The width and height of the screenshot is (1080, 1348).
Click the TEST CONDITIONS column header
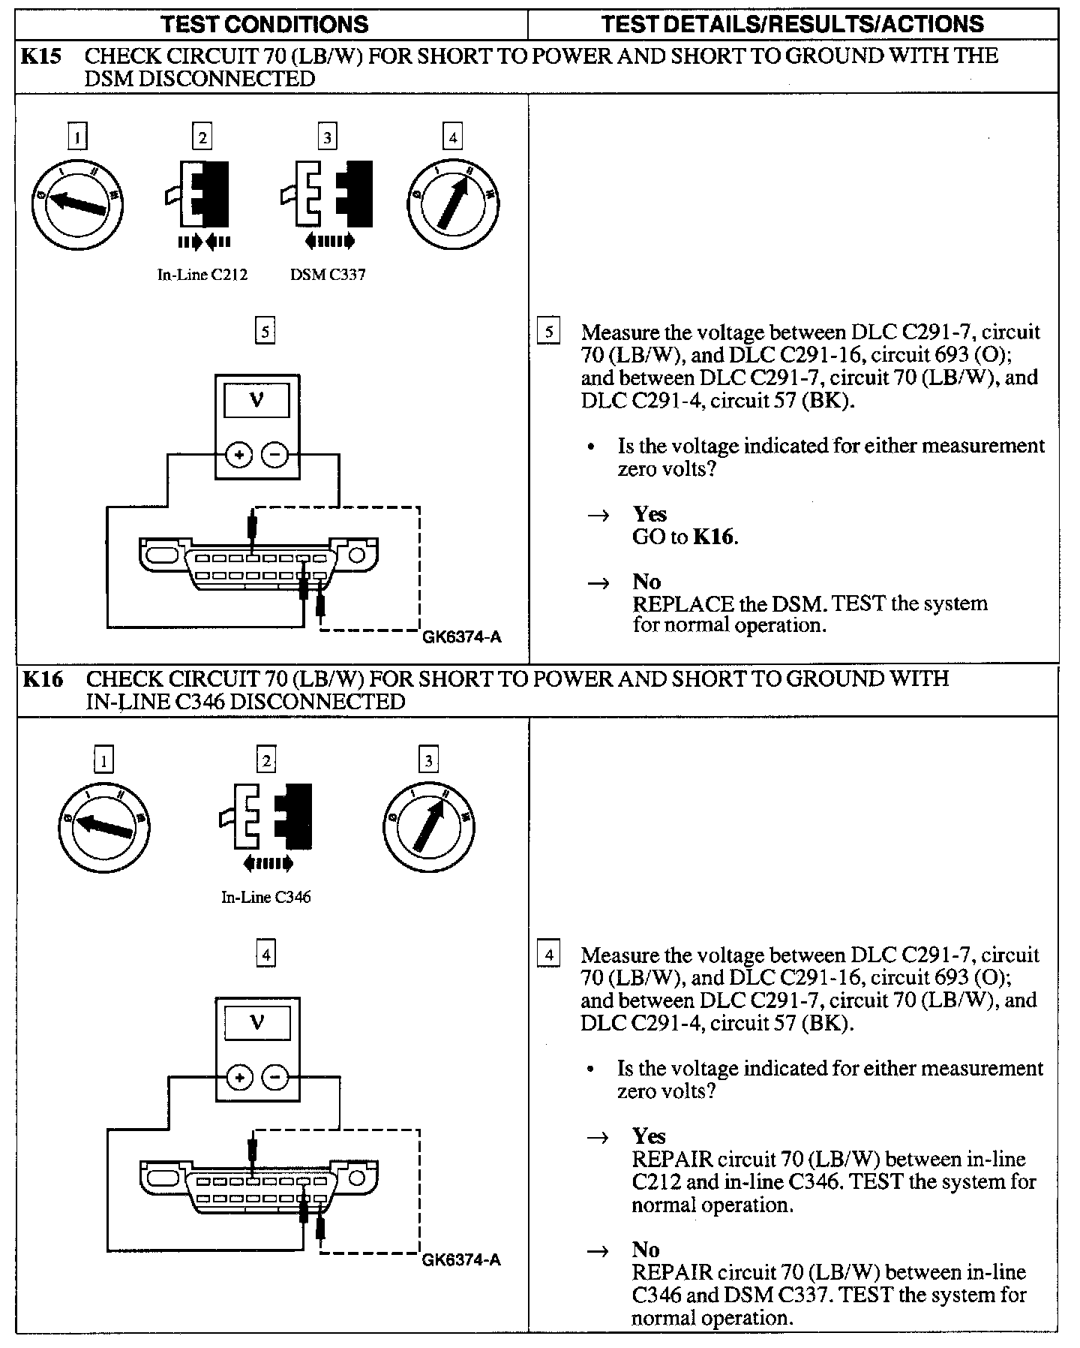pos(265,24)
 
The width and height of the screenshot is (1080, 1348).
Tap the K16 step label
pos(42,679)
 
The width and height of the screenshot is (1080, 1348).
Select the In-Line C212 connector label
pos(202,275)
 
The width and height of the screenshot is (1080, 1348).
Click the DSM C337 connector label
pos(328,275)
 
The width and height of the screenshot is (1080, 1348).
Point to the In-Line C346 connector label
pos(265,897)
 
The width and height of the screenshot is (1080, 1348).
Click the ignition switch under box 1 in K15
pos(77,203)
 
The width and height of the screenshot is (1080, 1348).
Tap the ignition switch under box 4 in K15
pos(453,203)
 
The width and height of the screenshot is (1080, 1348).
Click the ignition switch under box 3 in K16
pos(428,826)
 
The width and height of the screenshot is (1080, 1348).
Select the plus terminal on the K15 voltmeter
pos(238,455)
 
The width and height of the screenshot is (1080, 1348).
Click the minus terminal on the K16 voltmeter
pos(275,1079)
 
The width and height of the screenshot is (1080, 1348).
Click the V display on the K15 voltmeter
pos(256,400)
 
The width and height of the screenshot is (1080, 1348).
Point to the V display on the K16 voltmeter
pos(256,1023)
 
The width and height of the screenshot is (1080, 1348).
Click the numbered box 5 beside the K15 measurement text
pos(549,331)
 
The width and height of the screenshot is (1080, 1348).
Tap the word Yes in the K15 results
pos(649,514)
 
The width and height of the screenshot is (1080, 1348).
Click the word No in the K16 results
pos(646,1250)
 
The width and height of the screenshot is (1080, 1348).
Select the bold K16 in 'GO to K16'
pos(713,537)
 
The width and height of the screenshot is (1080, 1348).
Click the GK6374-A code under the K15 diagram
pos(462,638)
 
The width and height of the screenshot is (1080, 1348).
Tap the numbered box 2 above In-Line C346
pos(266,761)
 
